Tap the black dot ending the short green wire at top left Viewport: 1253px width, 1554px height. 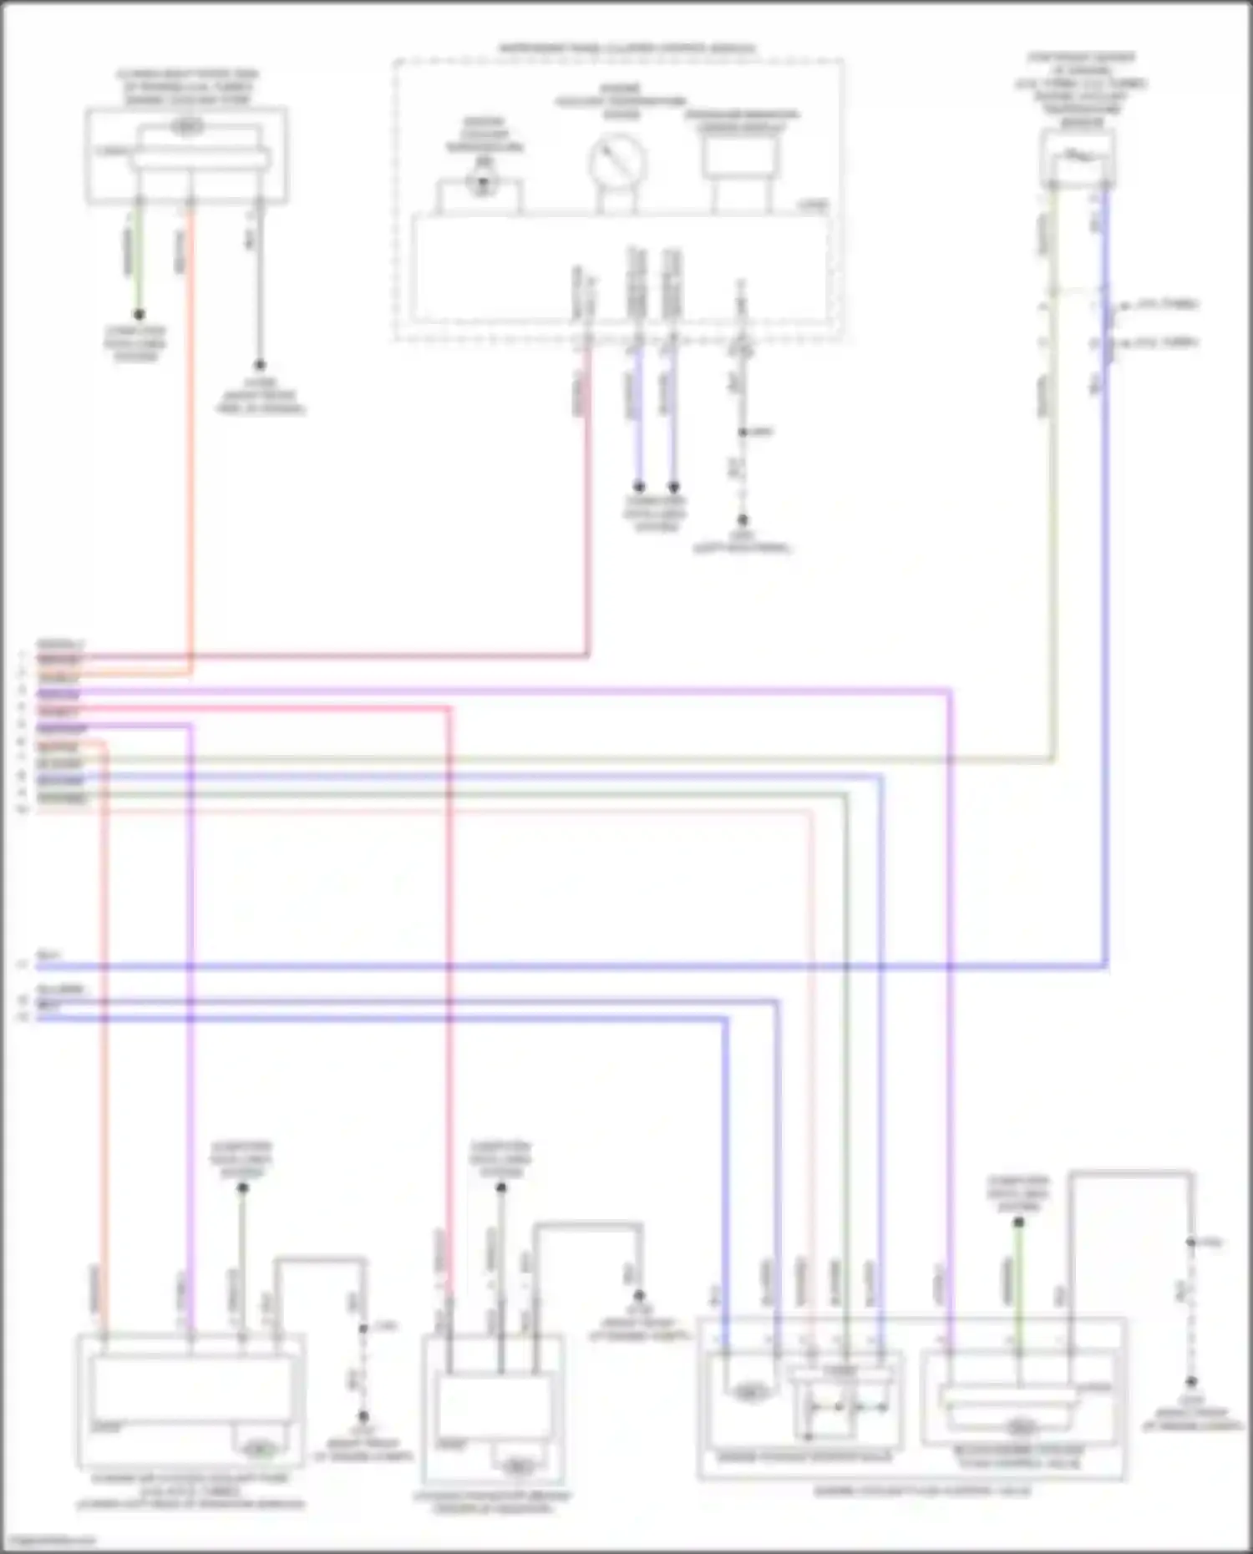click(x=139, y=315)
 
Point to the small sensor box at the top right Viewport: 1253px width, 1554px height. click(x=1078, y=158)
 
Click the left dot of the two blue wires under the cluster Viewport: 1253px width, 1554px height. click(x=638, y=487)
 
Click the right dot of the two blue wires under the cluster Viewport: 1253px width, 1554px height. click(x=673, y=487)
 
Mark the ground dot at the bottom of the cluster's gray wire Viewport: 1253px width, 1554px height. click(x=742, y=520)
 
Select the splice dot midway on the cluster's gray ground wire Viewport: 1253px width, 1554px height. click(x=742, y=433)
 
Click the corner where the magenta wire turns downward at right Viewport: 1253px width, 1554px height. click(x=950, y=691)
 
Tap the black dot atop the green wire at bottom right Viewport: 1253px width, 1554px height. click(x=1018, y=1222)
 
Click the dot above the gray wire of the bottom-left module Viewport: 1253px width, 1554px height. click(x=242, y=1187)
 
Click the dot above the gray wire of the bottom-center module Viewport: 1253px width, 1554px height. click(x=500, y=1187)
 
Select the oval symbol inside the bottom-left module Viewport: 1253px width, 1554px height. click(x=260, y=1448)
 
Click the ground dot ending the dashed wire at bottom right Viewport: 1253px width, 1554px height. click(x=1191, y=1382)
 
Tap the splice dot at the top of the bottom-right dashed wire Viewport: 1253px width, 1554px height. click(x=1191, y=1243)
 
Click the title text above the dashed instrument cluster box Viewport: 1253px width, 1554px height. click(x=626, y=48)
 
